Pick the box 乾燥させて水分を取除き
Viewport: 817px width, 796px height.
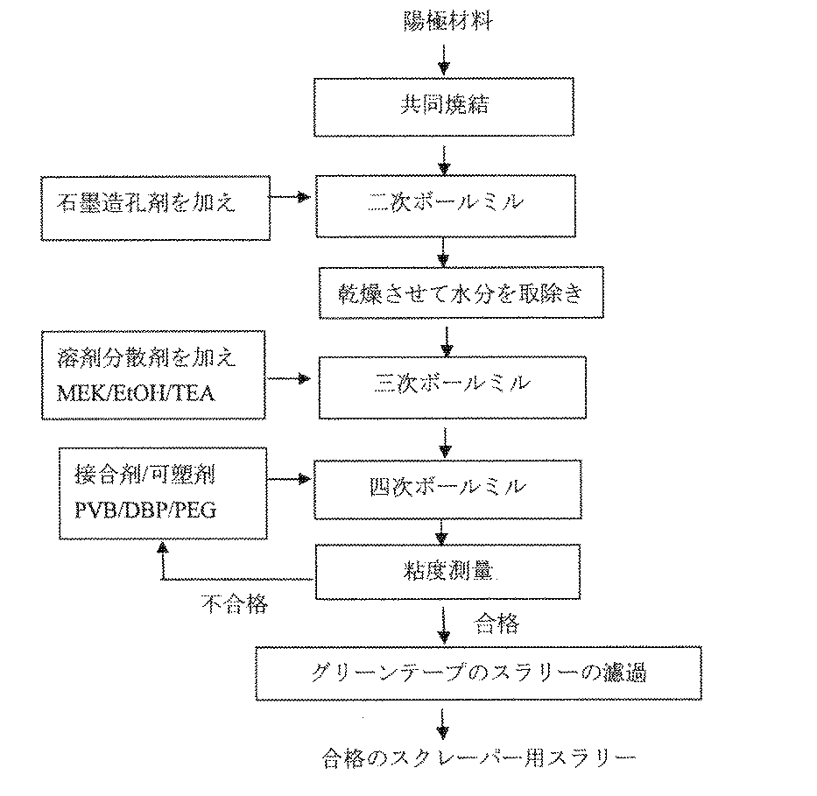(461, 294)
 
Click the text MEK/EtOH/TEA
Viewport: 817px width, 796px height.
(133, 393)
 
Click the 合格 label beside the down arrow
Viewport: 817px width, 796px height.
(497, 623)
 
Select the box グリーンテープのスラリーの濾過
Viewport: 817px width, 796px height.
(479, 674)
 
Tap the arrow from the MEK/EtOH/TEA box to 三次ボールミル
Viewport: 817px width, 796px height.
(292, 378)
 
